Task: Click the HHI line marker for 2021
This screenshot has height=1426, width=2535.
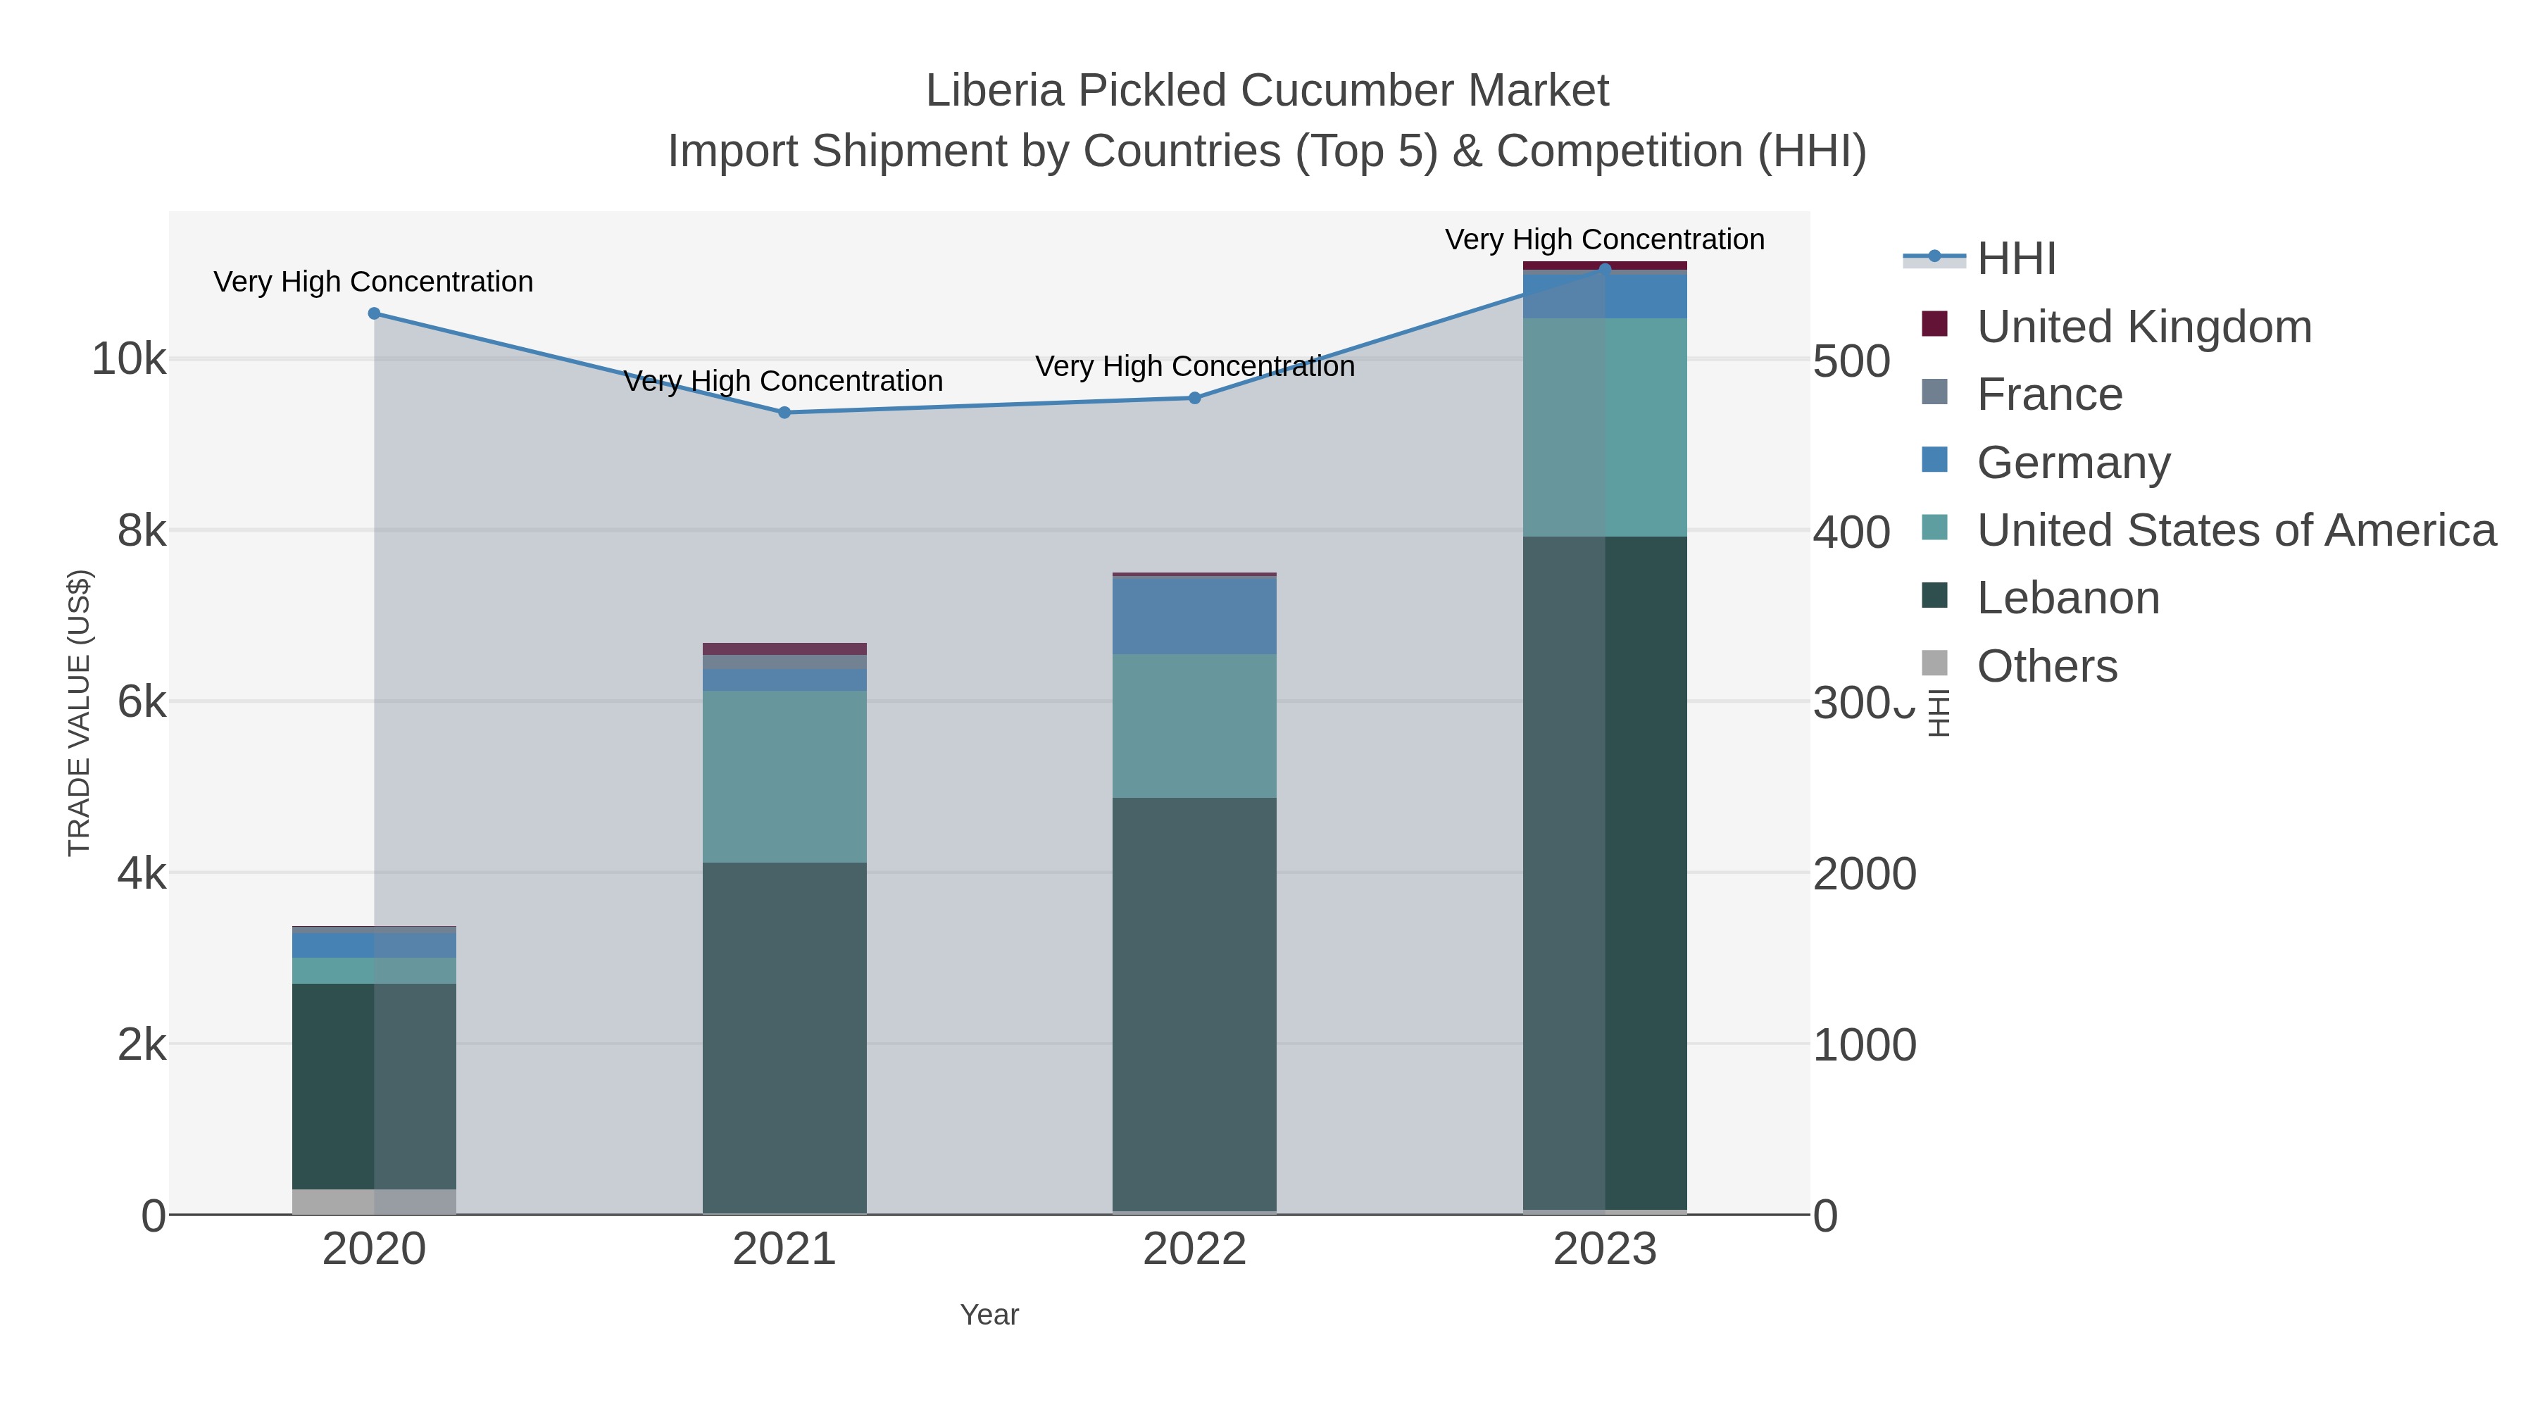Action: click(x=784, y=413)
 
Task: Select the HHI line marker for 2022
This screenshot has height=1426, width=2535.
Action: click(x=1195, y=399)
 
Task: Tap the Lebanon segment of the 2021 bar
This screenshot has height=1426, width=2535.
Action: click(x=784, y=1038)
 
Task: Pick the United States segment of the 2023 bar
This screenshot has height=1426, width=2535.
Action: click(x=1605, y=427)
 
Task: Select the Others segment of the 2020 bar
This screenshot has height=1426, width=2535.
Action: click(x=374, y=1201)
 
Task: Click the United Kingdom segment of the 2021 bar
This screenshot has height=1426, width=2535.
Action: click(x=784, y=649)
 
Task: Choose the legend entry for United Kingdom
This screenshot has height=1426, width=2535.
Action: click(x=2143, y=327)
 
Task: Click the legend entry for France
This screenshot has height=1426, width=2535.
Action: click(x=2049, y=394)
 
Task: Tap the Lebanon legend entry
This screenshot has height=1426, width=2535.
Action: click(x=2067, y=599)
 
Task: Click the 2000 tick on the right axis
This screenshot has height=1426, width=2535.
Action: click(x=1865, y=874)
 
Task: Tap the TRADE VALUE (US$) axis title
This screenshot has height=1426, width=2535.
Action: click(x=79, y=713)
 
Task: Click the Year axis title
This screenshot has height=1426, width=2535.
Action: click(x=989, y=1315)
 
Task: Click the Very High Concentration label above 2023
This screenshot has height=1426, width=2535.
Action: click(x=1604, y=239)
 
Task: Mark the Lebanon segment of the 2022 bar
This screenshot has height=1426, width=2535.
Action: click(x=1195, y=1003)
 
